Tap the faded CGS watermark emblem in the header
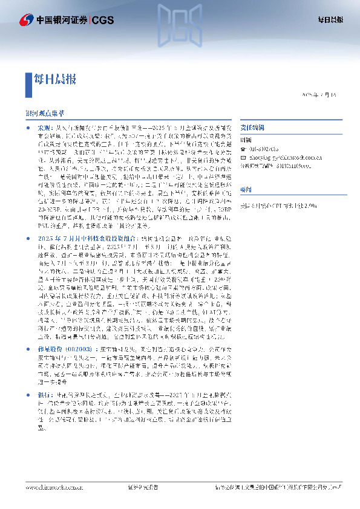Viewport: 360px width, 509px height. point(179,24)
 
